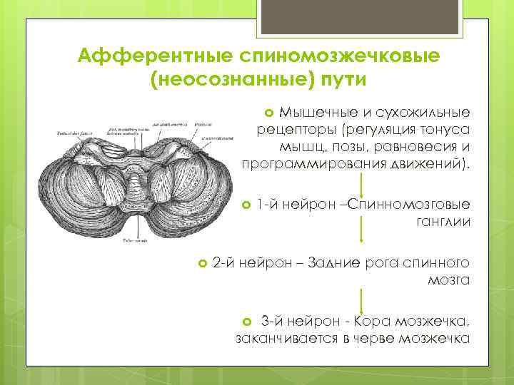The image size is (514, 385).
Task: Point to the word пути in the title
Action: tap(338, 78)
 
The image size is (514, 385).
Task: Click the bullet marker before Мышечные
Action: tap(269, 113)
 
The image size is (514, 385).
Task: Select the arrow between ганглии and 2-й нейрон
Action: tap(363, 230)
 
